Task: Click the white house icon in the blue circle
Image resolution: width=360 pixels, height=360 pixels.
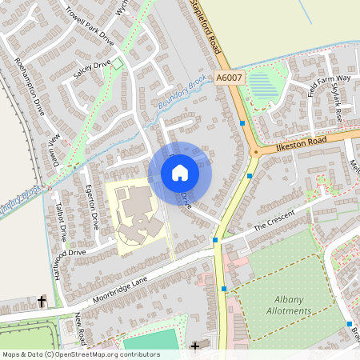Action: tap(180, 173)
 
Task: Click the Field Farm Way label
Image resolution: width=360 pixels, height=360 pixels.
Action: tap(330, 79)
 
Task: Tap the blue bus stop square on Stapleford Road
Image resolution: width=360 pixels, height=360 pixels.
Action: tap(242, 123)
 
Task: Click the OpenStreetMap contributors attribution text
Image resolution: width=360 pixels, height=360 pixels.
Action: tap(81, 354)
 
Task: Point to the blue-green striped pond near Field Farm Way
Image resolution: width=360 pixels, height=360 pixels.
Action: tap(263, 86)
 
